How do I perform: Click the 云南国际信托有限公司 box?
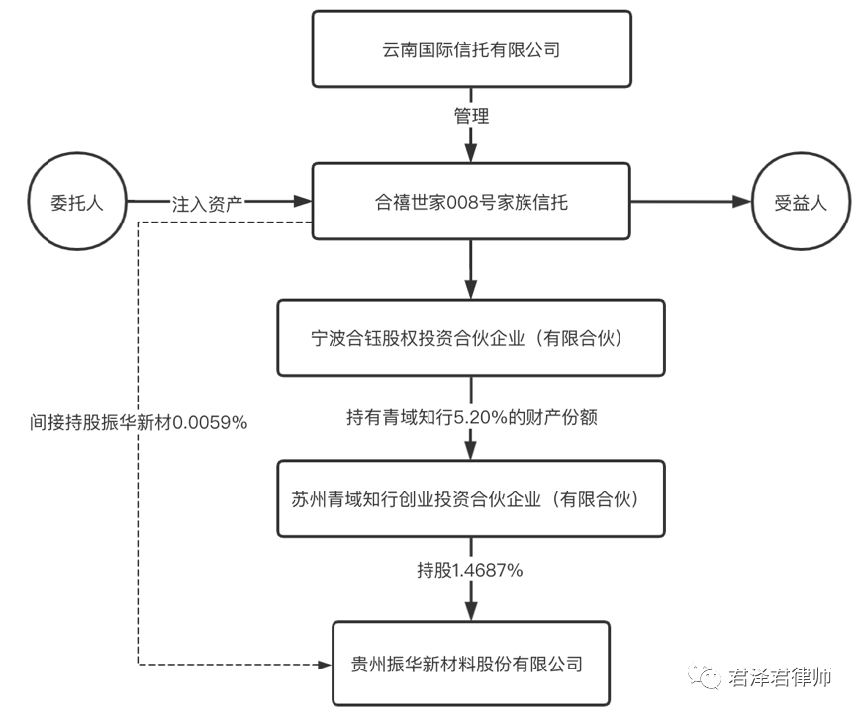pyautogui.click(x=471, y=48)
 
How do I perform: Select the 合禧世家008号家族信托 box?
pyautogui.click(x=471, y=202)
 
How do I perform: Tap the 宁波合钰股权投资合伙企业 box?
pyautogui.click(x=471, y=338)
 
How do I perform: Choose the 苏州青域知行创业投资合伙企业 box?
pyautogui.click(x=471, y=498)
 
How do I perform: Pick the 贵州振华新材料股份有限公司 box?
pyautogui.click(x=471, y=663)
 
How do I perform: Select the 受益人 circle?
pyautogui.click(x=801, y=202)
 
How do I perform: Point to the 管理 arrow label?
pyautogui.click(x=471, y=116)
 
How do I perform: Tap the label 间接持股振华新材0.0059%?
pyautogui.click(x=138, y=422)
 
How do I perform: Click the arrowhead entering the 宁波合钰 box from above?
pyautogui.click(x=471, y=289)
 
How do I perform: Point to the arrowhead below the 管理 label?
pyautogui.click(x=471, y=154)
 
